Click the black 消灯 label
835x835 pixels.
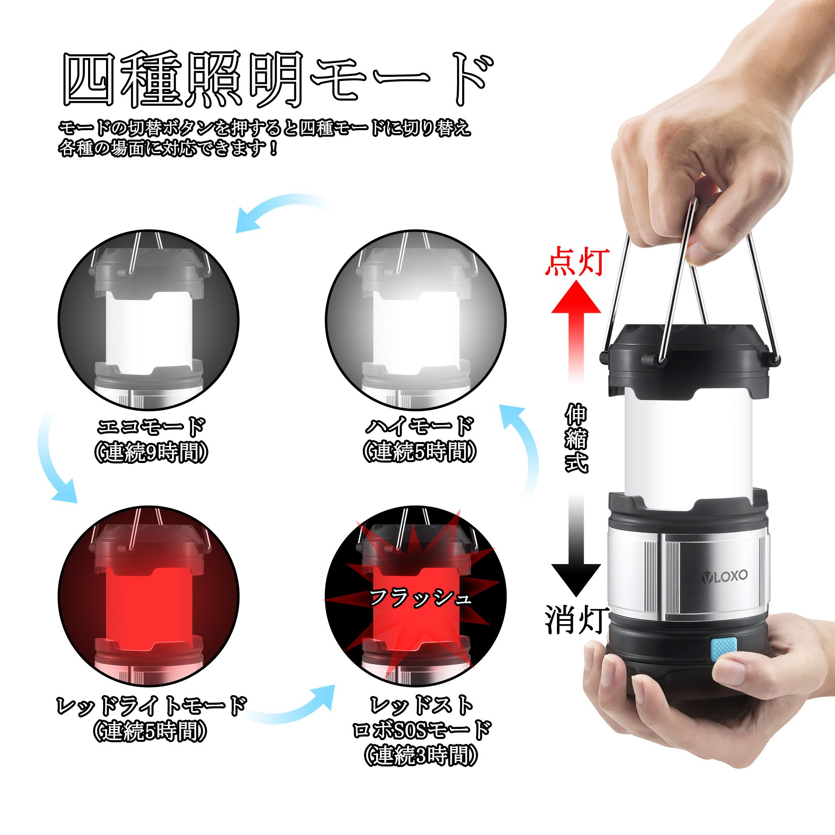tap(577, 619)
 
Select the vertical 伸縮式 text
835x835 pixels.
tap(577, 438)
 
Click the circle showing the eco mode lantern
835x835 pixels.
tap(148, 321)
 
